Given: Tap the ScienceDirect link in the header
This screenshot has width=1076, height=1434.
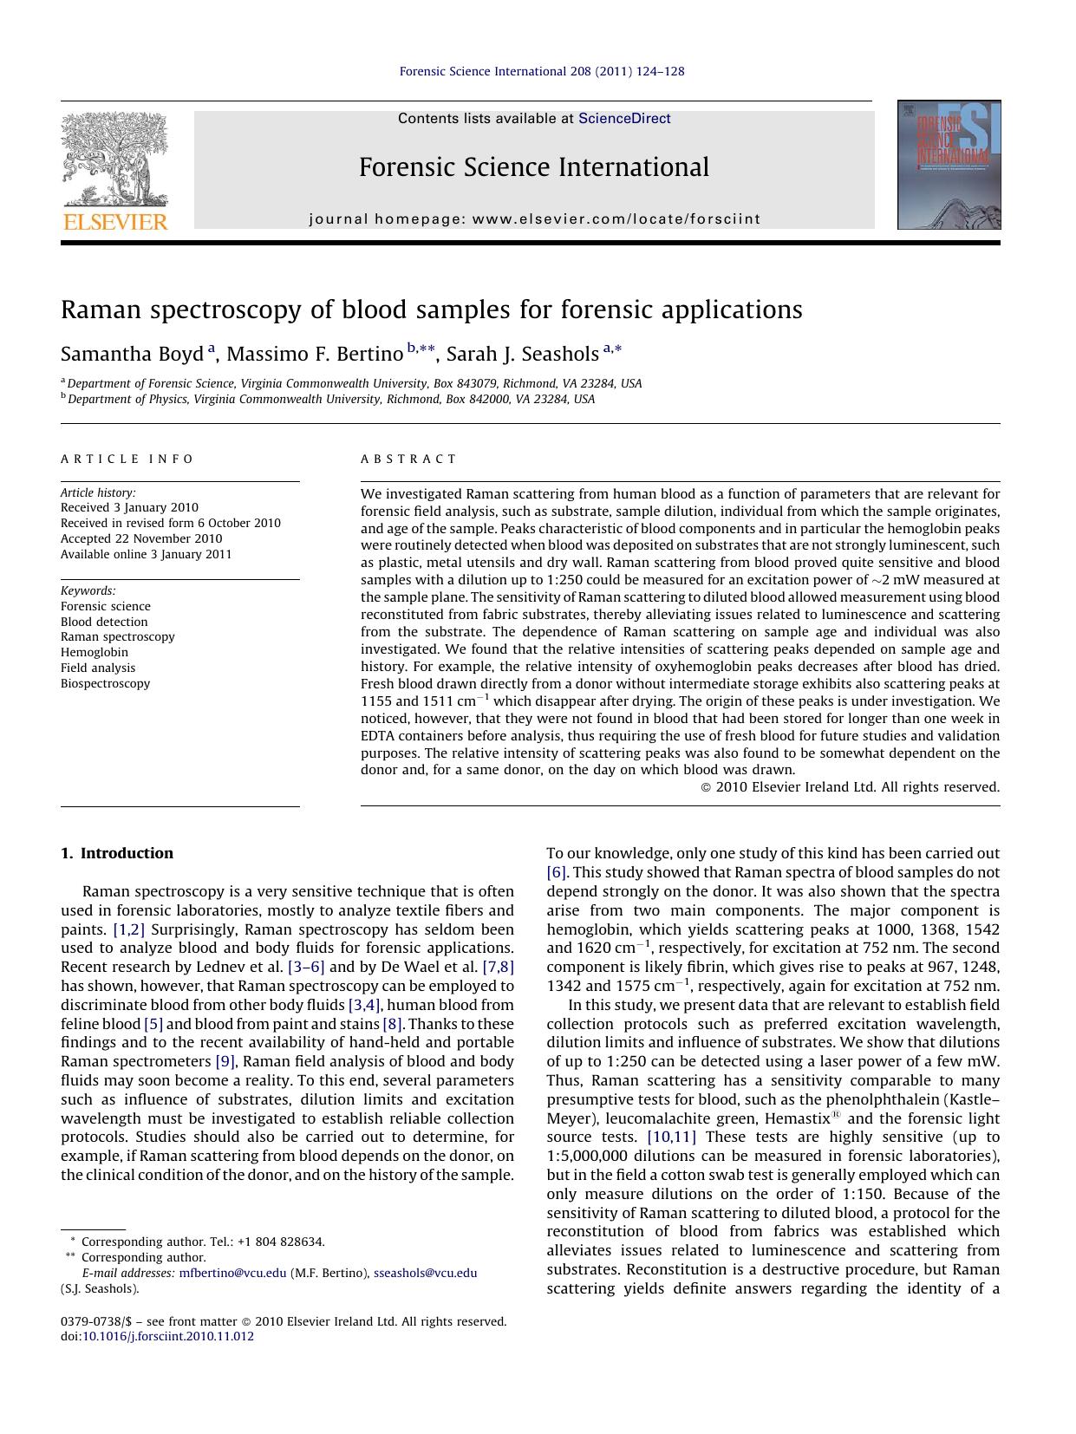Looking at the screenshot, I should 624,119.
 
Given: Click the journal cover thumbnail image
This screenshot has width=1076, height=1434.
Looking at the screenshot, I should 949,165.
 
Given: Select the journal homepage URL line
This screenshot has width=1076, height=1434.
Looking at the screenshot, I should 534,219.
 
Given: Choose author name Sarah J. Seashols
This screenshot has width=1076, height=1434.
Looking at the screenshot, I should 522,354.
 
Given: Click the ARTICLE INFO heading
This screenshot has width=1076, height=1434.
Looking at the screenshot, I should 127,459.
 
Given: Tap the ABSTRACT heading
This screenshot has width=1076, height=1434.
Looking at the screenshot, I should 408,459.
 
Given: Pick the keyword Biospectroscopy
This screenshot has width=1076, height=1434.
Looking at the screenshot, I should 105,683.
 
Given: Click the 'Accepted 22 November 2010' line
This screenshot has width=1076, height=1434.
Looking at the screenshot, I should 141,538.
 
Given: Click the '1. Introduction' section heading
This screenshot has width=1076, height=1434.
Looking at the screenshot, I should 117,853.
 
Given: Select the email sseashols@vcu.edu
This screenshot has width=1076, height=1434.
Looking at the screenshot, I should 425,1273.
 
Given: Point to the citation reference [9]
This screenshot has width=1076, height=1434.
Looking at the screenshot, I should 225,1061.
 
